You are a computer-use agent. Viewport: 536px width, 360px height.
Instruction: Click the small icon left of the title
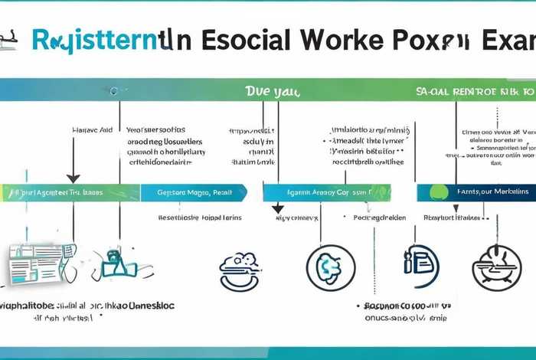pos(9,36)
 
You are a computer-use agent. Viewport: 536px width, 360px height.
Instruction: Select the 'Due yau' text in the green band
pos(272,91)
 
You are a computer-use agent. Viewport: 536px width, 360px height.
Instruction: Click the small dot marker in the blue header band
pos(113,91)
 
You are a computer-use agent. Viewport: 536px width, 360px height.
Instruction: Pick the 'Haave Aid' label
pos(92,130)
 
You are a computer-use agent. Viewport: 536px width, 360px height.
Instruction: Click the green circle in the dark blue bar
pos(438,191)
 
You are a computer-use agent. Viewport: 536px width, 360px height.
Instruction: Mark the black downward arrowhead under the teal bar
pos(278,208)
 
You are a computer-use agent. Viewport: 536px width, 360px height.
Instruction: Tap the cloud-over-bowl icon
pos(239,268)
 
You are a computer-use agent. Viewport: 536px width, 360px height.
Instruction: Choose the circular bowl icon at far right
pos(496,268)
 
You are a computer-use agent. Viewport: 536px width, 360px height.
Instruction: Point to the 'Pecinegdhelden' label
pos(381,218)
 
